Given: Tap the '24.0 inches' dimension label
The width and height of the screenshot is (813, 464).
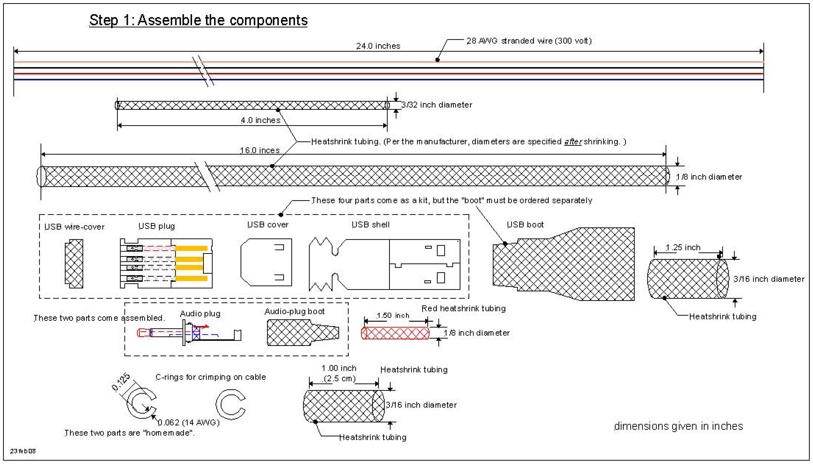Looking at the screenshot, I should (378, 46).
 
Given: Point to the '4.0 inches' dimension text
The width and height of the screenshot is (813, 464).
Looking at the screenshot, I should (260, 120).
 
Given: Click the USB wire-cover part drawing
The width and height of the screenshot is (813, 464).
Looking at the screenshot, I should (74, 264).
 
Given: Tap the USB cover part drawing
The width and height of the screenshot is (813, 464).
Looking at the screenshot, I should (266, 262).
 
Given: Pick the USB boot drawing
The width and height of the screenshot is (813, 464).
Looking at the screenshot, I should (563, 264).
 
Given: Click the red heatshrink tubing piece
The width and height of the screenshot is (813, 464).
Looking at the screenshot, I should (395, 333).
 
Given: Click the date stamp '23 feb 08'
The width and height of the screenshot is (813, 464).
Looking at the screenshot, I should (23, 451).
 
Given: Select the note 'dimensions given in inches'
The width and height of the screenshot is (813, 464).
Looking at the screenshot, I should (678, 426).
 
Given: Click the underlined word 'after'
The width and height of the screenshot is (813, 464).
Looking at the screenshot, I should (573, 141).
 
